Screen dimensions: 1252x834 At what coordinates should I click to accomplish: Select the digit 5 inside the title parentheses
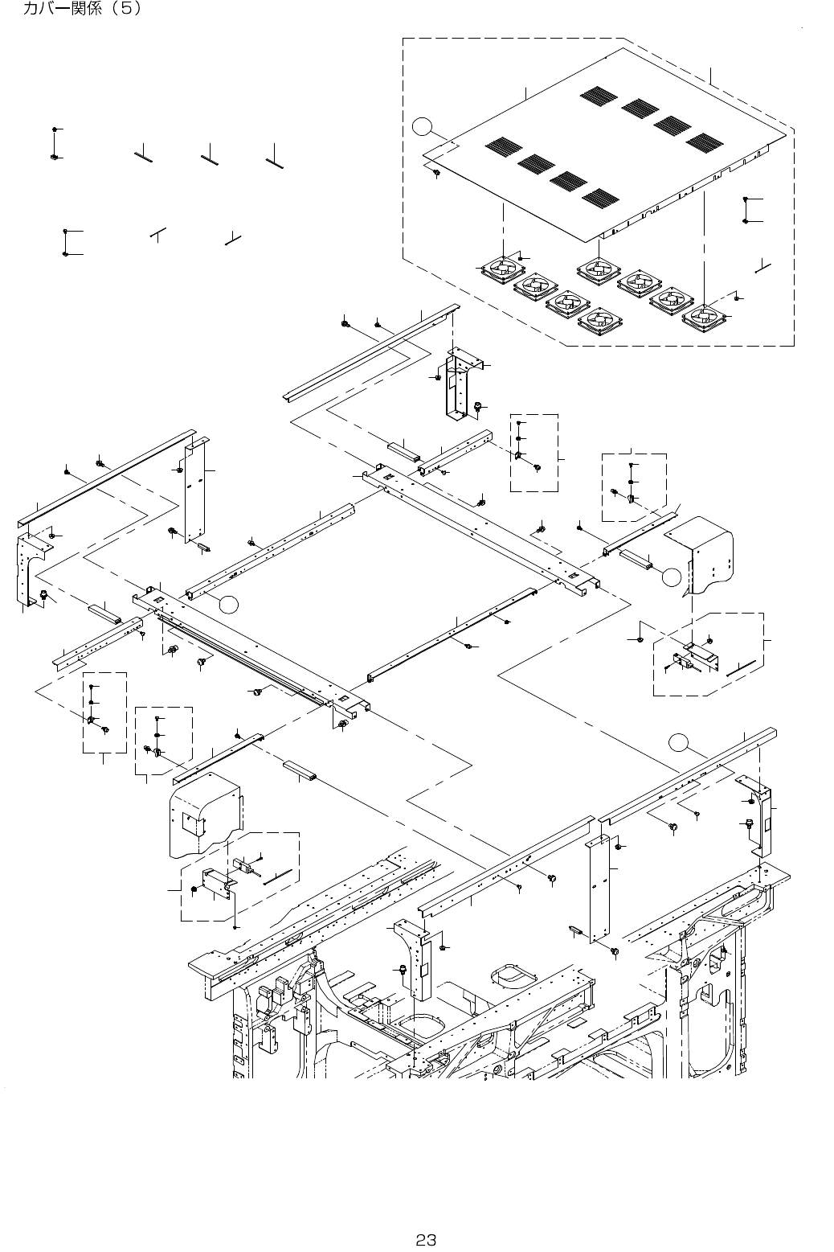(x=131, y=10)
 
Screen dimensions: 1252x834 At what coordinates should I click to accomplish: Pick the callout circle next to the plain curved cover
(x=672, y=576)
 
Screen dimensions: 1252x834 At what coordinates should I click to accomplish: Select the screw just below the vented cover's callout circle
(x=435, y=172)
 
